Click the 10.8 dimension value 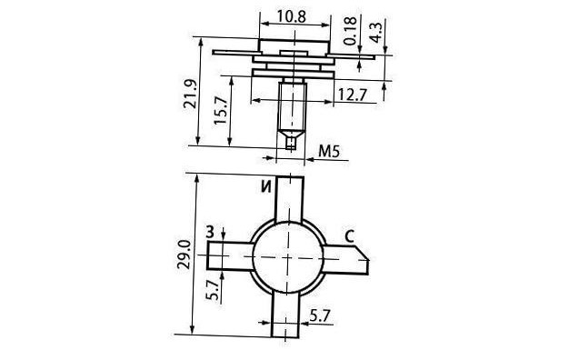coord(292,16)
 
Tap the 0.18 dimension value coord(351,31)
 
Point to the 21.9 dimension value coord(190,94)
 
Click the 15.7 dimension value coord(220,110)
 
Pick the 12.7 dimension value coord(353,95)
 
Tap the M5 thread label coord(329,151)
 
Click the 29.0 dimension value coord(184,254)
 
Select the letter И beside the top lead coord(266,186)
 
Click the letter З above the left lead coord(211,232)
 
